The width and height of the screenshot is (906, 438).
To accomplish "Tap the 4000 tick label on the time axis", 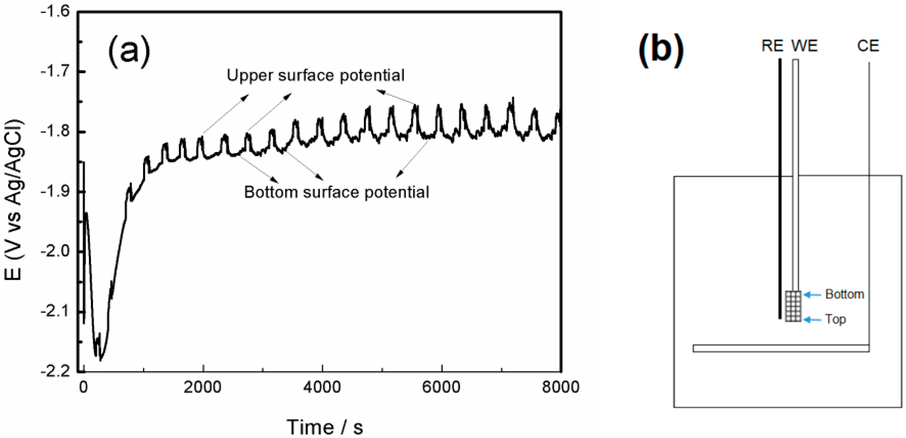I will point(322,387).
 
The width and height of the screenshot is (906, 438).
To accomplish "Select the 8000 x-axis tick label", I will point(560,387).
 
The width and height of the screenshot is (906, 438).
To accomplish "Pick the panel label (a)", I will point(129,53).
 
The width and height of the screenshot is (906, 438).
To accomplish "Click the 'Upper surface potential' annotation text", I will point(316,75).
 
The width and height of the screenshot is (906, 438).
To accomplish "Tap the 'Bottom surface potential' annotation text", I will point(336,192).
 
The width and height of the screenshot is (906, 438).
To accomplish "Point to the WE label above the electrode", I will point(804,46).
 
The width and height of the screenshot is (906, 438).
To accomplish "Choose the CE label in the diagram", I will point(868,46).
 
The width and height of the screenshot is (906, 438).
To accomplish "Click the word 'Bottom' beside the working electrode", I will point(845,294).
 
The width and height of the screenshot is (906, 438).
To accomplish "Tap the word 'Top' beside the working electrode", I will point(835,319).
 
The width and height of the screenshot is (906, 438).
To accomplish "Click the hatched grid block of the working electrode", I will point(793,306).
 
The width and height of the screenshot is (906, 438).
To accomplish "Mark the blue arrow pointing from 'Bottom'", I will point(812,295).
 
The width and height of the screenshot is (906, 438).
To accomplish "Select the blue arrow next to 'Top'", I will point(812,320).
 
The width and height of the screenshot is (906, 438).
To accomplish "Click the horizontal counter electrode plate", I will point(781,348).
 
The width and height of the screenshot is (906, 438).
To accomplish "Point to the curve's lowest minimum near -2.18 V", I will point(100,360).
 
